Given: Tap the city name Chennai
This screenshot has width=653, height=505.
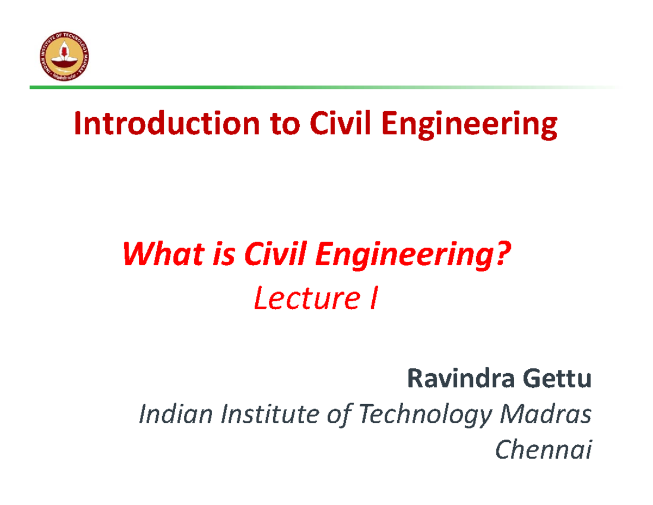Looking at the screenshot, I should [x=543, y=449].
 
